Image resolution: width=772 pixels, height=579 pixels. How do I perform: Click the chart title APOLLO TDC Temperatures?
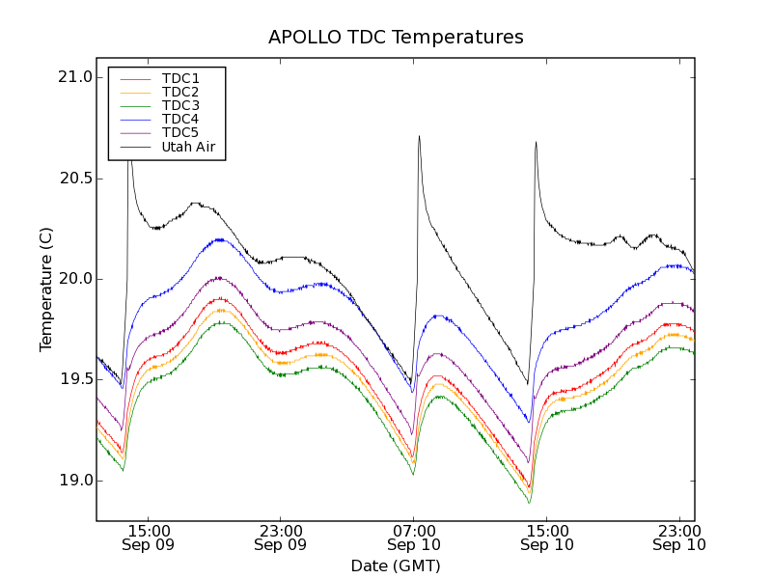(396, 38)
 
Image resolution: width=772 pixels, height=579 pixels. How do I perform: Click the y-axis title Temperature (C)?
(46, 289)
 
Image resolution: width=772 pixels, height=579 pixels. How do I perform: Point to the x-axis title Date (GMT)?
(396, 565)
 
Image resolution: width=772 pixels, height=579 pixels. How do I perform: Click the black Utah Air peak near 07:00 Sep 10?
(419, 136)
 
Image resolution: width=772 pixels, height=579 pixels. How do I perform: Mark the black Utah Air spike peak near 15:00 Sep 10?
(536, 143)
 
